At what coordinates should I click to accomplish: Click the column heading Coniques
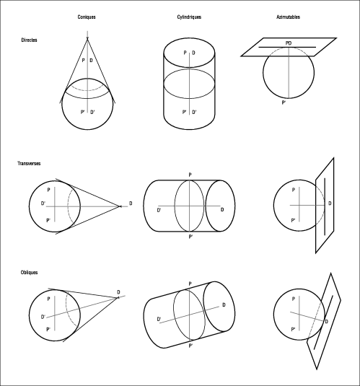87,17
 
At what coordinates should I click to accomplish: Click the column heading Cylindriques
189,17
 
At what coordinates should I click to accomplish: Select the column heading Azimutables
288,17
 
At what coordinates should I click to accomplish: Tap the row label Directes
29,40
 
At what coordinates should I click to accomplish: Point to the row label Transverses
29,164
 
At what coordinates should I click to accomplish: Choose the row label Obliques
29,273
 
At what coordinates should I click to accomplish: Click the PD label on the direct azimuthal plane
289,43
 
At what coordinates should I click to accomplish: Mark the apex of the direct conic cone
87,39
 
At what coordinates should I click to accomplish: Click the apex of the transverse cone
120,206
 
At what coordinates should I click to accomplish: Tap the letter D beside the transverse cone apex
131,203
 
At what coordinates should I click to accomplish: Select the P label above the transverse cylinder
190,175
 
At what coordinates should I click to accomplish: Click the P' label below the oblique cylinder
190,346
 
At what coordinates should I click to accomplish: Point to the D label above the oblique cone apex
118,292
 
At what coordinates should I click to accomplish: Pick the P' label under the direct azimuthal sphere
284,102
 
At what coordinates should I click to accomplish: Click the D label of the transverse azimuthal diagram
330,203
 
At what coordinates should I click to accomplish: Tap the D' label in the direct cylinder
194,113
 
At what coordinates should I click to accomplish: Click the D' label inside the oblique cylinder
159,320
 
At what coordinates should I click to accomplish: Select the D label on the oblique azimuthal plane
327,322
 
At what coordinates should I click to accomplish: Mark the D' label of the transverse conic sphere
43,203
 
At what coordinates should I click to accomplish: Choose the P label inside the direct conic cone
83,61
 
